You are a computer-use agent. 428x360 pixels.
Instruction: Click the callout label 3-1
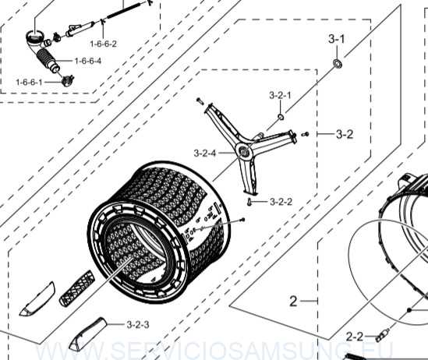336,39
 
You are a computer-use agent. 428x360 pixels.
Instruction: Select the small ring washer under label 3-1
338,62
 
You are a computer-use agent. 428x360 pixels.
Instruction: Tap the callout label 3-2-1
280,95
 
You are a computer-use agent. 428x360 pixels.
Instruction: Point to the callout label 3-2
345,134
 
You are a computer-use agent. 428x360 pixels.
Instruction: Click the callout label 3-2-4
205,153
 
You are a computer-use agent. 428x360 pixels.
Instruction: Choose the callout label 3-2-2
281,202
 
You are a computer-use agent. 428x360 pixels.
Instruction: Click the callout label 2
294,300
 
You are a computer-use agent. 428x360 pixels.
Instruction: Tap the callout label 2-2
355,337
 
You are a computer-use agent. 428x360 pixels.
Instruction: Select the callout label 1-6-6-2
103,44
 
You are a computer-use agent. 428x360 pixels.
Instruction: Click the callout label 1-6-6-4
87,61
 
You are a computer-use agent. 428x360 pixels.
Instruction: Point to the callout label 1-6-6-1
30,82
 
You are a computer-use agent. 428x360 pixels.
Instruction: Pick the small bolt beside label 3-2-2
249,203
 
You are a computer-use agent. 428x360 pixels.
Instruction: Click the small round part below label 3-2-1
279,117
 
